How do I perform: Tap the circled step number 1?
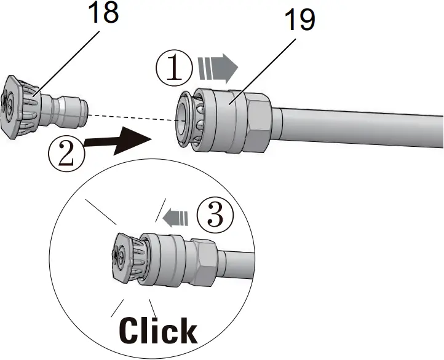(x=175, y=69)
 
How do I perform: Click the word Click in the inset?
(x=158, y=331)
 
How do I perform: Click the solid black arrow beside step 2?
(x=120, y=140)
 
